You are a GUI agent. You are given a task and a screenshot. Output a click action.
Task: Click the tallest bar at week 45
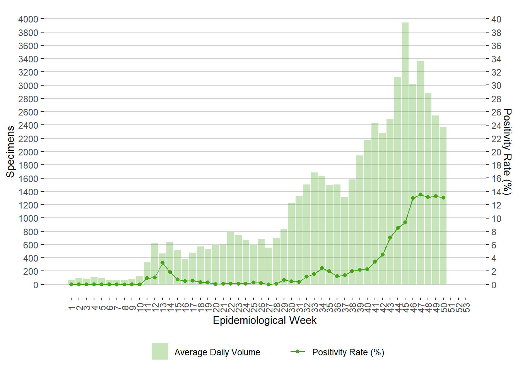[x=405, y=155]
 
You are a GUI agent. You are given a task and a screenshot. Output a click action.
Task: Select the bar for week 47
[x=420, y=174]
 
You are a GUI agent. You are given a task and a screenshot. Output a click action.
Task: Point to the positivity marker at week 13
[x=162, y=263]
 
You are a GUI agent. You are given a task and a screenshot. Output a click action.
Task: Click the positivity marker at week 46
[x=413, y=198]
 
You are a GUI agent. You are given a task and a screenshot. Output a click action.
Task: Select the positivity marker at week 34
[x=322, y=268]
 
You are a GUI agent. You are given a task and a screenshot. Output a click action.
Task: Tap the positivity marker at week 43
[x=390, y=238]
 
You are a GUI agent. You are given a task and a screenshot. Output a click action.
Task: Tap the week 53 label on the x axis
[x=466, y=308]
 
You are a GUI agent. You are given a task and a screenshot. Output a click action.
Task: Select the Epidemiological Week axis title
[x=265, y=321]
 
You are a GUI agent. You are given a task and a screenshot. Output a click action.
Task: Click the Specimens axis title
[x=10, y=152]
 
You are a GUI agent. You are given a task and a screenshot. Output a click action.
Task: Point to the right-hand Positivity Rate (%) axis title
[x=507, y=152]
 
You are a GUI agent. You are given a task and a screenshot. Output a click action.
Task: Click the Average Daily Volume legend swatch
[x=160, y=351]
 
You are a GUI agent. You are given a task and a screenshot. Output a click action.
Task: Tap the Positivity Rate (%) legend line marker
[x=298, y=351]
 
